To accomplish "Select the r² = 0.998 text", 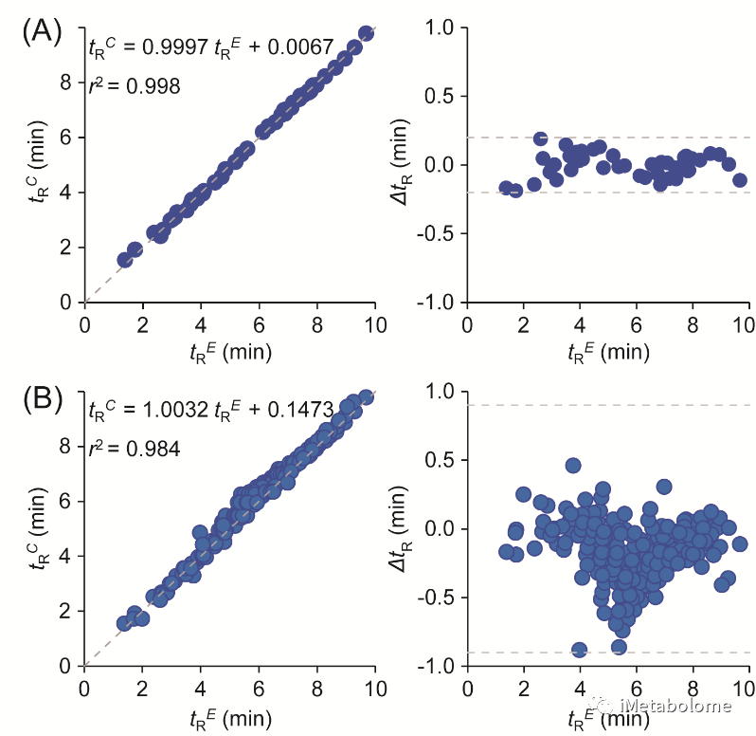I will (134, 85).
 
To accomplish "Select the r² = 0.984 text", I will (134, 449).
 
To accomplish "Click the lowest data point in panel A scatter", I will (124, 260).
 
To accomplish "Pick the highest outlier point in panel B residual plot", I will (573, 466).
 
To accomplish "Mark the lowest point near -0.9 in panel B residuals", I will (579, 650).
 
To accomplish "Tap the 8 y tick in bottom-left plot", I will (65, 445).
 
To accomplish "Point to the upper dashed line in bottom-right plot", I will (606, 405).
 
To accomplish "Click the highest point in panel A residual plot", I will (540, 139).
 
